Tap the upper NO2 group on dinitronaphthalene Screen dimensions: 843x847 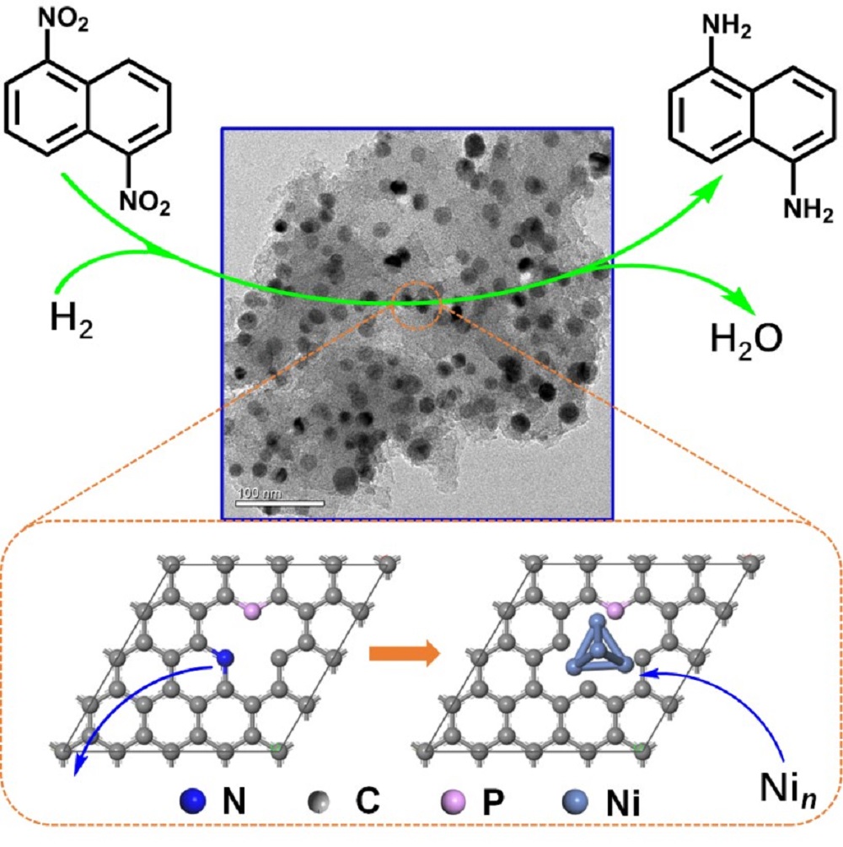coord(63,19)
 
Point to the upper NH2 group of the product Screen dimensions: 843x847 coord(727,26)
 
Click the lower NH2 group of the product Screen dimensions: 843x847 coord(808,209)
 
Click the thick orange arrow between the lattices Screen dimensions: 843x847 coord(405,654)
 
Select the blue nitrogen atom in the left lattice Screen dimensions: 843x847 coord(224,658)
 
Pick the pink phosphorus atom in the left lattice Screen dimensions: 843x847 coord(252,612)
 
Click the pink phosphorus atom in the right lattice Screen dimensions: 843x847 coord(615,611)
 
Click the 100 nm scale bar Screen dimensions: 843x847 coord(280,504)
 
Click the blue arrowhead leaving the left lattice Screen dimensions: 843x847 coord(78,765)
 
